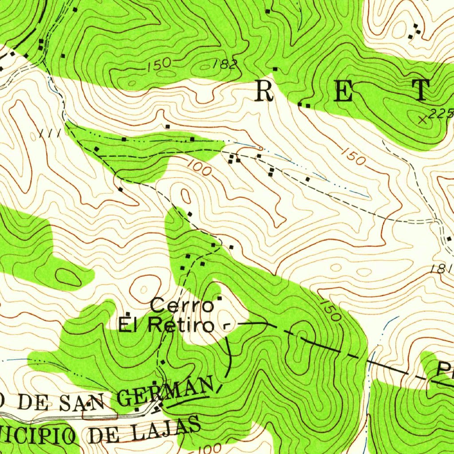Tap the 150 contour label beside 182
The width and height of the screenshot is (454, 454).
(x=159, y=63)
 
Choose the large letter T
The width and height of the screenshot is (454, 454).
(x=421, y=90)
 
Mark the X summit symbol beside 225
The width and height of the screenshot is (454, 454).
(x=422, y=118)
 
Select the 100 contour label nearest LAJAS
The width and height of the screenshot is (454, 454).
(x=208, y=449)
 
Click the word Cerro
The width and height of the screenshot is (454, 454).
(x=182, y=305)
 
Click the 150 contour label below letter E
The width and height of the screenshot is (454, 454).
(x=353, y=156)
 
